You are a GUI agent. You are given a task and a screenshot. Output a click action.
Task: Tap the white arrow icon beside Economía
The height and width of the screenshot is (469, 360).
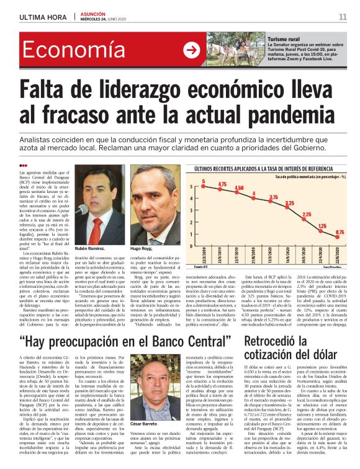click(x=191, y=50)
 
